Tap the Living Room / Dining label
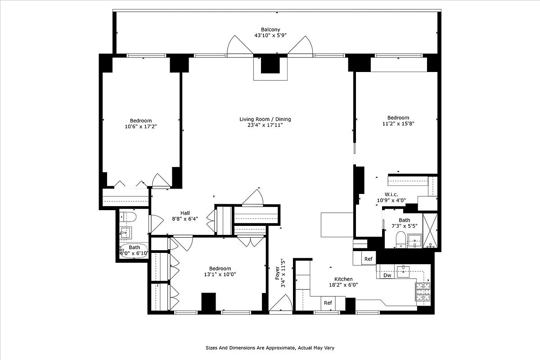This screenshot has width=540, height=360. pyautogui.click(x=265, y=119)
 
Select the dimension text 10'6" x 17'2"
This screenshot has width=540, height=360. pyautogui.click(x=141, y=127)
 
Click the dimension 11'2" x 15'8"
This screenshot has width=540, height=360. pyautogui.click(x=398, y=124)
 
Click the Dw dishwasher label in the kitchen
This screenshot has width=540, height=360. pyautogui.click(x=387, y=275)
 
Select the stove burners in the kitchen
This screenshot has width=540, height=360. pyautogui.click(x=423, y=291)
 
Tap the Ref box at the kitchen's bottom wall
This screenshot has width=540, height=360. pyautogui.click(x=328, y=303)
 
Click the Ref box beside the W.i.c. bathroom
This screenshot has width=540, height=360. pyautogui.click(x=369, y=259)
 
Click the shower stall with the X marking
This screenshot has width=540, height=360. pyautogui.click(x=431, y=230)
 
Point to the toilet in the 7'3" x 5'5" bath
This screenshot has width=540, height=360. pyautogui.click(x=400, y=239)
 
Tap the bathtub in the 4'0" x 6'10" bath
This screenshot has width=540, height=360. pyautogui.click(x=134, y=250)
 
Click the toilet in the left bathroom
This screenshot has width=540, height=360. pyautogui.click(x=128, y=217)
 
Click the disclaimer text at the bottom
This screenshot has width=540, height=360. pyautogui.click(x=270, y=348)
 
